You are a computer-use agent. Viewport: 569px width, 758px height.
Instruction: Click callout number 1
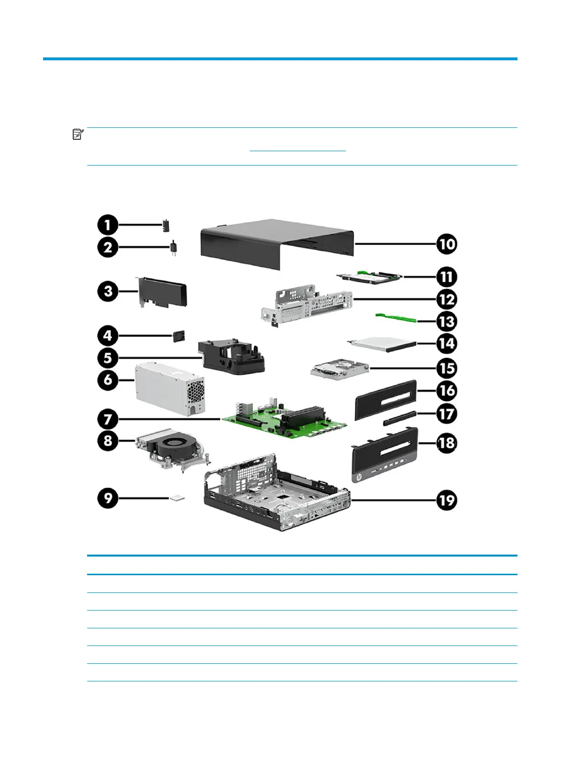tap(108, 224)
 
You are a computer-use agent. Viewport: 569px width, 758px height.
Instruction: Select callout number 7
tap(108, 419)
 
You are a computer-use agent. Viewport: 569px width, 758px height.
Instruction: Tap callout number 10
tap(446, 244)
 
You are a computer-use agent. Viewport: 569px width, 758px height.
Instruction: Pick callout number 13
tap(446, 322)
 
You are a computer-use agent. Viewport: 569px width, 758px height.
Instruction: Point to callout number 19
tap(446, 501)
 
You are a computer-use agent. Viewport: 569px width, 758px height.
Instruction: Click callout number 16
tap(446, 390)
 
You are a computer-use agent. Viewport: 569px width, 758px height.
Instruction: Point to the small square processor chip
tap(177, 498)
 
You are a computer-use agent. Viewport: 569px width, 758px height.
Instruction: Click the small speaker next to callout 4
tap(179, 335)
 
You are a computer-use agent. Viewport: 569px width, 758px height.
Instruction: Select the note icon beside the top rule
tap(78, 134)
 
